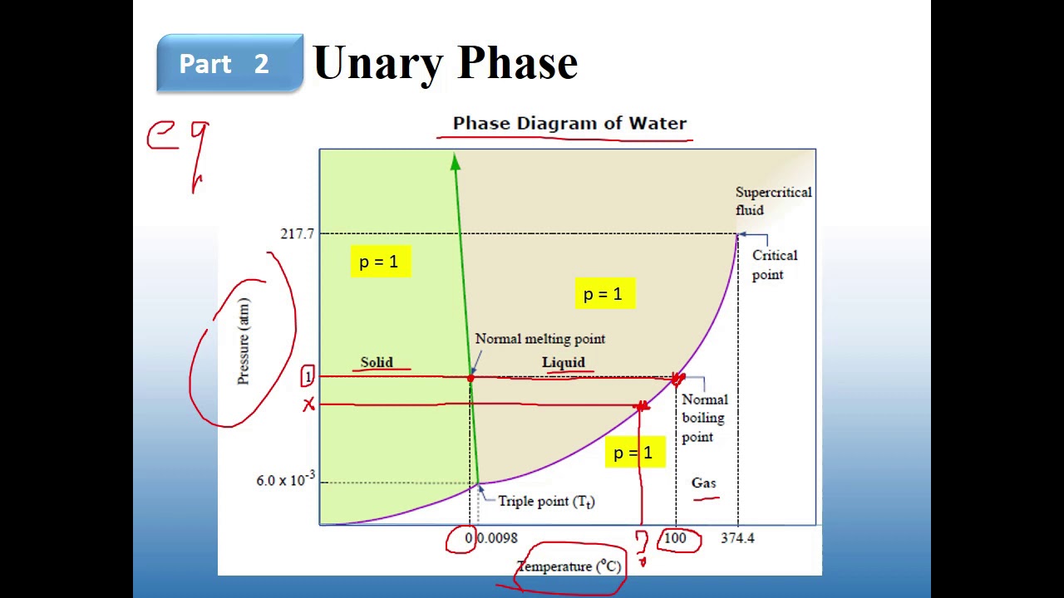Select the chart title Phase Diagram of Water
(x=569, y=124)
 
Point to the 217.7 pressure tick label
(x=297, y=233)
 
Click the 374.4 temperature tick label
(x=737, y=538)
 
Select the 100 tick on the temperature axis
(x=675, y=538)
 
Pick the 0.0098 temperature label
(x=497, y=538)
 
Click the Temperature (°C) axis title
(x=569, y=566)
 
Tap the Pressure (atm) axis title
(x=243, y=341)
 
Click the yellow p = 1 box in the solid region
(x=379, y=262)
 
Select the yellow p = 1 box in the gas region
(x=633, y=453)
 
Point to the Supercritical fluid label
(x=773, y=201)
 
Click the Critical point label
(x=774, y=265)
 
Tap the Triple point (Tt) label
(x=546, y=502)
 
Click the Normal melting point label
(x=539, y=339)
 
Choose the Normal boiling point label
(x=703, y=418)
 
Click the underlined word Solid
(x=377, y=362)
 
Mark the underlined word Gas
(x=703, y=483)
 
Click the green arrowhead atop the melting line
(x=456, y=163)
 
